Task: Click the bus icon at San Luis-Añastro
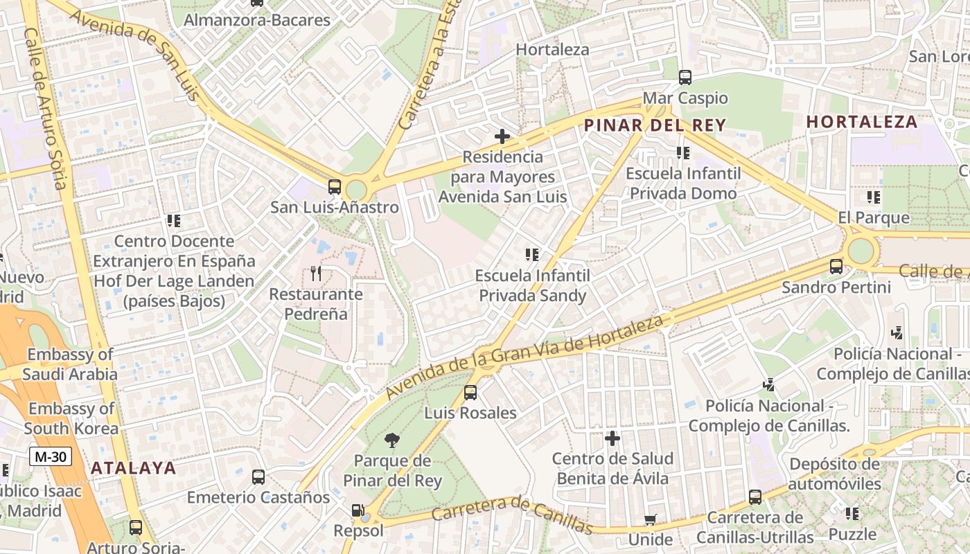coord(335,186)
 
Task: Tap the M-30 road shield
coord(51,456)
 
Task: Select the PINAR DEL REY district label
coord(655,125)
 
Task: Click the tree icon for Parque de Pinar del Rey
coord(391,440)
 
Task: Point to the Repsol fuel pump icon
coord(358,511)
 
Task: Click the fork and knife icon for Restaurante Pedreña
coord(316,273)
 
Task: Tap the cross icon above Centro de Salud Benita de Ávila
coord(612,438)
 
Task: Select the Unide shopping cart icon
coord(650,519)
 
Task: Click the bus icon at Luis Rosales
coord(470,393)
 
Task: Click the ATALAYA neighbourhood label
coord(134,467)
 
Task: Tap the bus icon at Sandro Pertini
coord(836,266)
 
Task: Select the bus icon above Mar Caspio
coord(685,78)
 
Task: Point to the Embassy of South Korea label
coord(71,418)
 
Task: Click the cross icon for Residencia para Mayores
coord(502,136)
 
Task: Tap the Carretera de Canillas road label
coord(512,515)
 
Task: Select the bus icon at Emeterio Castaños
coord(258,476)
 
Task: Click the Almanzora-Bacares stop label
coord(256,20)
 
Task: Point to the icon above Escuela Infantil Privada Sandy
coord(532,254)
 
